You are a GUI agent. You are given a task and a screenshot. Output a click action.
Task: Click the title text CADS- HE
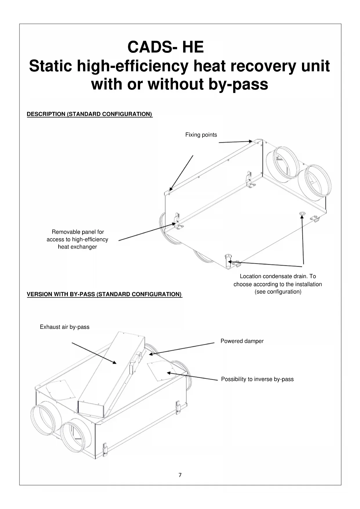pyautogui.click(x=166, y=47)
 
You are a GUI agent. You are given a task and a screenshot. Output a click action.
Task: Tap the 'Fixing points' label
pyautogui.click(x=201, y=135)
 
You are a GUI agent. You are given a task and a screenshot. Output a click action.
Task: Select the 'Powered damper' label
pyautogui.click(x=242, y=341)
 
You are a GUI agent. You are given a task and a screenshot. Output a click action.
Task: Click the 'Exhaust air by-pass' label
pyautogui.click(x=64, y=327)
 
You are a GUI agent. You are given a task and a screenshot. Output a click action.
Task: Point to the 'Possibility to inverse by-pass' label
pyautogui.click(x=257, y=379)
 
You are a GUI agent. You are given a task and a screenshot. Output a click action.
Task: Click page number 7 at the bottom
pyautogui.click(x=180, y=475)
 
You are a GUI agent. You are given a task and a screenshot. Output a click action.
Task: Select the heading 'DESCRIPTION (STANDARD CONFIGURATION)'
pyautogui.click(x=89, y=114)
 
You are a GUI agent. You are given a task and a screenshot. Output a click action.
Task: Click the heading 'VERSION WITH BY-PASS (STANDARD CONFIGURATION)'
pyautogui.click(x=104, y=294)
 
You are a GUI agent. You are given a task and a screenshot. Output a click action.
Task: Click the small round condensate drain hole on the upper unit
pyautogui.click(x=303, y=214)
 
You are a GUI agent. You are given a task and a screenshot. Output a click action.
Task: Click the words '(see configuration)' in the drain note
pyautogui.click(x=278, y=292)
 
